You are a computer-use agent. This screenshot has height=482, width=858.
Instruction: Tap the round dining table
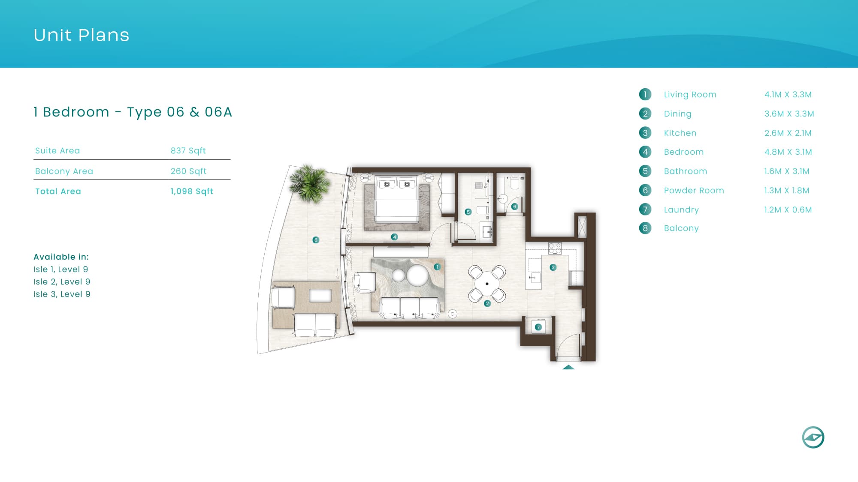[x=487, y=284]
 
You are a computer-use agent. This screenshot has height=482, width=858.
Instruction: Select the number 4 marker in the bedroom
[x=394, y=237]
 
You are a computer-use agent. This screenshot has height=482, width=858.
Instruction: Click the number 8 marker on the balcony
[x=316, y=240]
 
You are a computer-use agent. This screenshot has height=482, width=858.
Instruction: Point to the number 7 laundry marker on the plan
[x=538, y=327]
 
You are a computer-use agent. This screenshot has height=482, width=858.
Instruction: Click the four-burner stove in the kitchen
[x=555, y=248]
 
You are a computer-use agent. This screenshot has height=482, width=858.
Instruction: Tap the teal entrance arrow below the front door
[x=568, y=367]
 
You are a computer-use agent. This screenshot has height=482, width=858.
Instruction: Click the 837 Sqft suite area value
[x=188, y=151]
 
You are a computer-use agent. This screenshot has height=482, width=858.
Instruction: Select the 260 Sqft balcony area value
[x=189, y=171]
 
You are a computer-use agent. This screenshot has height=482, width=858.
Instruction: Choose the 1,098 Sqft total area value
[x=192, y=192]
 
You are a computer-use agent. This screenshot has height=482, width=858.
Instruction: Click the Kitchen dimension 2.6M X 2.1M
[x=788, y=133]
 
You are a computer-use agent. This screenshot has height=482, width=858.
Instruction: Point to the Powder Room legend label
[x=694, y=190]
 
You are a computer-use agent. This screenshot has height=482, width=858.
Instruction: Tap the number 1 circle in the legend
[x=645, y=94]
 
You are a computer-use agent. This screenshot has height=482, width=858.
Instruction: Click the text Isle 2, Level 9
[x=62, y=281]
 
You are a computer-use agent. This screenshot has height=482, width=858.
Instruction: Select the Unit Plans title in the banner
[x=82, y=35]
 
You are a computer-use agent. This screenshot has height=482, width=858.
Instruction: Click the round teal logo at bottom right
[x=813, y=437]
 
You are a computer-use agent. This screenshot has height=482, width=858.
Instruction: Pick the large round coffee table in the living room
[x=417, y=275]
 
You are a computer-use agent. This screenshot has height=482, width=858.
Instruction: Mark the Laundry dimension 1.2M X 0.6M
[x=788, y=210]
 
